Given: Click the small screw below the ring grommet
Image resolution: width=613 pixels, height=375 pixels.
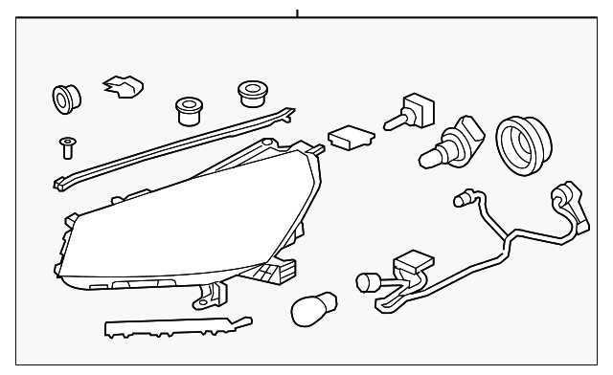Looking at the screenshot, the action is tap(66, 145).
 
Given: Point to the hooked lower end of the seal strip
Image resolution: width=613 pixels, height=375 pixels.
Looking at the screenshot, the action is tap(60, 181).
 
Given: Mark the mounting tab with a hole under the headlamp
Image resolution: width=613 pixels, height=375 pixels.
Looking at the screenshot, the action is tap(202, 299).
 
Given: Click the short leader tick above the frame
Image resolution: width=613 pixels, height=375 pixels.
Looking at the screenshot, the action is tap(297, 13).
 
